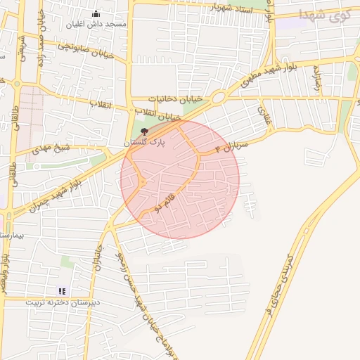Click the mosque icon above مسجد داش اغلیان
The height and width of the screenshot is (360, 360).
pyautogui.click(x=96, y=14)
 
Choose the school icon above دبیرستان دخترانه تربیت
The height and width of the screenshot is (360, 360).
pyautogui.click(x=62, y=290)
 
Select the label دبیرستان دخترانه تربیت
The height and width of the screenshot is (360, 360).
pyautogui.click(x=63, y=302)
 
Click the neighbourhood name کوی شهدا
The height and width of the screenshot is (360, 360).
pyautogui.click(x=325, y=14)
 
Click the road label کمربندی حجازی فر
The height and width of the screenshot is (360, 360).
pyautogui.click(x=281, y=287)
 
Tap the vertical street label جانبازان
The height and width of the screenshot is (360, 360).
pyautogui.click(x=100, y=259)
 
